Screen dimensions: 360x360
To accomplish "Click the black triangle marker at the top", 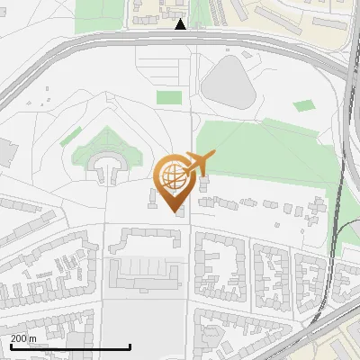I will click(x=181, y=24).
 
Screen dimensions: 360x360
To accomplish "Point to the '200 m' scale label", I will click(x=24, y=338).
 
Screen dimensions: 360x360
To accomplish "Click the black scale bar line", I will click(x=70, y=346).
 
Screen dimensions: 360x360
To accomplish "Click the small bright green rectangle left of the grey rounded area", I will click(x=168, y=97).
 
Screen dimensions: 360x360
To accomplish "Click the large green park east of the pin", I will click(x=261, y=148).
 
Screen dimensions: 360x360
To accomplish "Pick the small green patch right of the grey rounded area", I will click(x=304, y=106).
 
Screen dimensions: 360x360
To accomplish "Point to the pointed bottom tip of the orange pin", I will click(x=175, y=211).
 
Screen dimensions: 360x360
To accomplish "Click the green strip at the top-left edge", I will click(x=99, y=13).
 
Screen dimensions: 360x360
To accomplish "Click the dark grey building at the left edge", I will click(x=4, y=153).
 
